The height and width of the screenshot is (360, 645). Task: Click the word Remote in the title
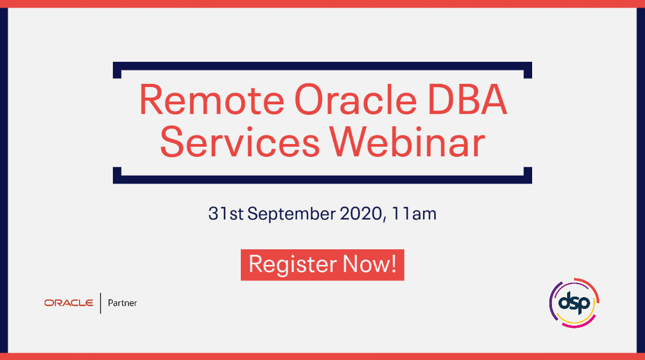pos(212,99)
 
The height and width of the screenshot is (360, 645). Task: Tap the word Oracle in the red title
pos(356,99)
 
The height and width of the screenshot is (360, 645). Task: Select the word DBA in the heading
pos(467,99)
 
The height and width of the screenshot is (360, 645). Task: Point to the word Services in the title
pos(240,142)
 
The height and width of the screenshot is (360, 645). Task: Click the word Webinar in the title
pos(407,142)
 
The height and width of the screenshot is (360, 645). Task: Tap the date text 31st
pos(226,213)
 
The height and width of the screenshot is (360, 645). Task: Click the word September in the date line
pos(291,214)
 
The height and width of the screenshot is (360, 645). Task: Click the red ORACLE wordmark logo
pos(69,303)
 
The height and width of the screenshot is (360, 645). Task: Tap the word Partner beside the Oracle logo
pos(123,303)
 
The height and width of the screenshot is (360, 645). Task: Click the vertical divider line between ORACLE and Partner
pos(101,303)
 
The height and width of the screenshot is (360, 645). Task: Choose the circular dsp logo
pos(574,303)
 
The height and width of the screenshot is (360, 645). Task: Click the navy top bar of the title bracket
pos(322,66)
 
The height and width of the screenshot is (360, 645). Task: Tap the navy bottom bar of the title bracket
pos(322,179)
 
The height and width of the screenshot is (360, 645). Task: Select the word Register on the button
pos(292,264)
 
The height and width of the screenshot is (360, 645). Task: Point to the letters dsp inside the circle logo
pos(574,303)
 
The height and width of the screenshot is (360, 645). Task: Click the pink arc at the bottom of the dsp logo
pos(579,325)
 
